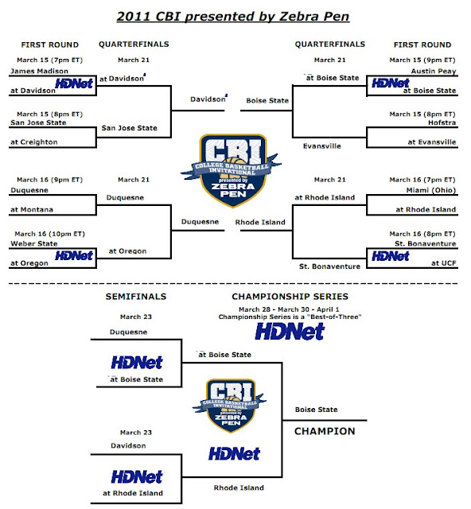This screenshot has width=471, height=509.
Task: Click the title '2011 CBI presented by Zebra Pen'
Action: pyautogui.click(x=233, y=16)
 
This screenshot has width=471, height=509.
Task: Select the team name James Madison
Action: pyautogui.click(x=39, y=71)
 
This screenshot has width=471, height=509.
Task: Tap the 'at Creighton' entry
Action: pyautogui.click(x=34, y=142)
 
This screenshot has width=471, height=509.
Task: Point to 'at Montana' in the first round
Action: pyautogui.click(x=32, y=210)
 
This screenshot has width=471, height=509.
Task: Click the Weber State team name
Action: pyautogui.click(x=34, y=243)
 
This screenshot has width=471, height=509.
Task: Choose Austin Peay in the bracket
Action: pyautogui.click(x=434, y=71)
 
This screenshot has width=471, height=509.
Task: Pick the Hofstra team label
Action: pyautogui.click(x=442, y=122)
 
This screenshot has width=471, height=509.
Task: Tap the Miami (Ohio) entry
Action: pyautogui.click(x=431, y=190)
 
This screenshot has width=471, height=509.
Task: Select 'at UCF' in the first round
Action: pyautogui.click(x=444, y=263)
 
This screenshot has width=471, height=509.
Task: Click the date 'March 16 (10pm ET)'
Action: pyautogui.click(x=49, y=234)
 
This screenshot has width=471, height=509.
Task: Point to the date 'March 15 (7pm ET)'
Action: pyautogui.click(x=49, y=60)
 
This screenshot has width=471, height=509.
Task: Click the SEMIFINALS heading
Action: pyautogui.click(x=136, y=297)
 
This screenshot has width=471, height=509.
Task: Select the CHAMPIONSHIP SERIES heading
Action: pyautogui.click(x=290, y=297)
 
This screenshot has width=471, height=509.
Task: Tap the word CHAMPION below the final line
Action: pyautogui.click(x=325, y=431)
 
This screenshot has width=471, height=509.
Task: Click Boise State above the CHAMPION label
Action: pyautogui.click(x=317, y=410)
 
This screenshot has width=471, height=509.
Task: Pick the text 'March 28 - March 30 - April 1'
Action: pyautogui.click(x=289, y=309)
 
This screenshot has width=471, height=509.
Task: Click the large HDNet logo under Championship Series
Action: pyautogui.click(x=290, y=332)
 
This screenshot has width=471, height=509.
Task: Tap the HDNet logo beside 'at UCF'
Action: pyautogui.click(x=391, y=256)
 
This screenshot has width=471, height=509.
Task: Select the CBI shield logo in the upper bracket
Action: pyautogui.click(x=232, y=169)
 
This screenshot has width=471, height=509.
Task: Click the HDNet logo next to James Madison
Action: pyautogui.click(x=74, y=84)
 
